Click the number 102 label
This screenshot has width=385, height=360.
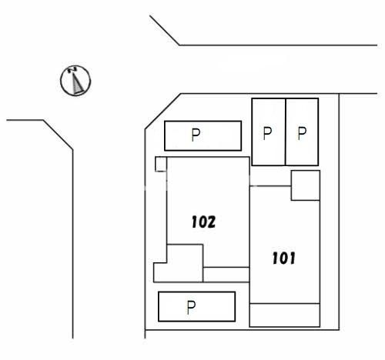[203, 222]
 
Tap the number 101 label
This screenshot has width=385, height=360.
[283, 258]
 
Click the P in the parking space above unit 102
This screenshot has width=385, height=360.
[196, 135]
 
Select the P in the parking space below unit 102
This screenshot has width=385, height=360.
[191, 308]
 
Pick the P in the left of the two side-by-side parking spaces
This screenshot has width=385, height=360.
[267, 133]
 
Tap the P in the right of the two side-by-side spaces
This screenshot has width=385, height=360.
[302, 133]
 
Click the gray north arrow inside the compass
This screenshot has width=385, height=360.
[77, 82]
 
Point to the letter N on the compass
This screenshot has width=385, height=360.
[72, 69]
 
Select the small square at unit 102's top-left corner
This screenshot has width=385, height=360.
[161, 164]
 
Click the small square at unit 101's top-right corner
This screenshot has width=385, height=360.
[306, 185]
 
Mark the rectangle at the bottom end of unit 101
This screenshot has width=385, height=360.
[285, 315]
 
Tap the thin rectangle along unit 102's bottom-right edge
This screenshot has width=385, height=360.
[226, 275]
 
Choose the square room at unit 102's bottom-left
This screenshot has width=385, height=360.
[185, 263]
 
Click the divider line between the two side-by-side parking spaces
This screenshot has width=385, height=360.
[286, 132]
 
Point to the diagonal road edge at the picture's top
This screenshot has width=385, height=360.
[165, 30]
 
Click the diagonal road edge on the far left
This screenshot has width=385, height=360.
[58, 135]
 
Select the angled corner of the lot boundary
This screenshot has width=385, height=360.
[163, 112]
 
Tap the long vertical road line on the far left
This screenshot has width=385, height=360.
[73, 244]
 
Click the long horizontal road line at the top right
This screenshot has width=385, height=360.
[278, 45]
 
